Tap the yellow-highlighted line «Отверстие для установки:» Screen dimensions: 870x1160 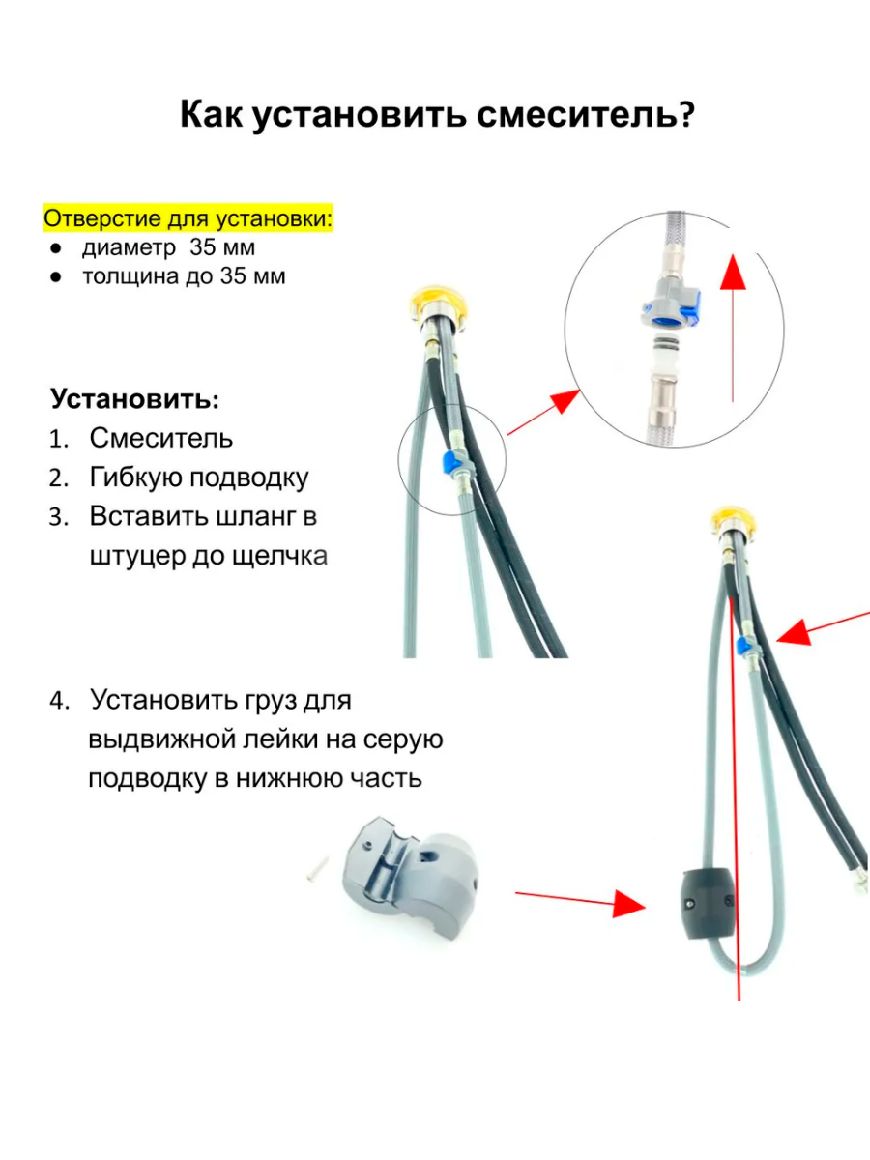point(188,218)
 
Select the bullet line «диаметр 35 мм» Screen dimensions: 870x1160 point(168,247)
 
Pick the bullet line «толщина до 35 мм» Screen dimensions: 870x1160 point(184,276)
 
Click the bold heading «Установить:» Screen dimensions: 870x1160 point(134,399)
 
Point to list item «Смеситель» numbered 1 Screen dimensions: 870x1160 point(161,438)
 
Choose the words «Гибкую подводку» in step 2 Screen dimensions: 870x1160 point(199,478)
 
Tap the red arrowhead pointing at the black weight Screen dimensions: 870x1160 point(629,903)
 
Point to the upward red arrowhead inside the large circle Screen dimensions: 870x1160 point(733,273)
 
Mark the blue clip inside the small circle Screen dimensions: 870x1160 point(449,462)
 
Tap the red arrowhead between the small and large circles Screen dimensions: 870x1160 point(565,401)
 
